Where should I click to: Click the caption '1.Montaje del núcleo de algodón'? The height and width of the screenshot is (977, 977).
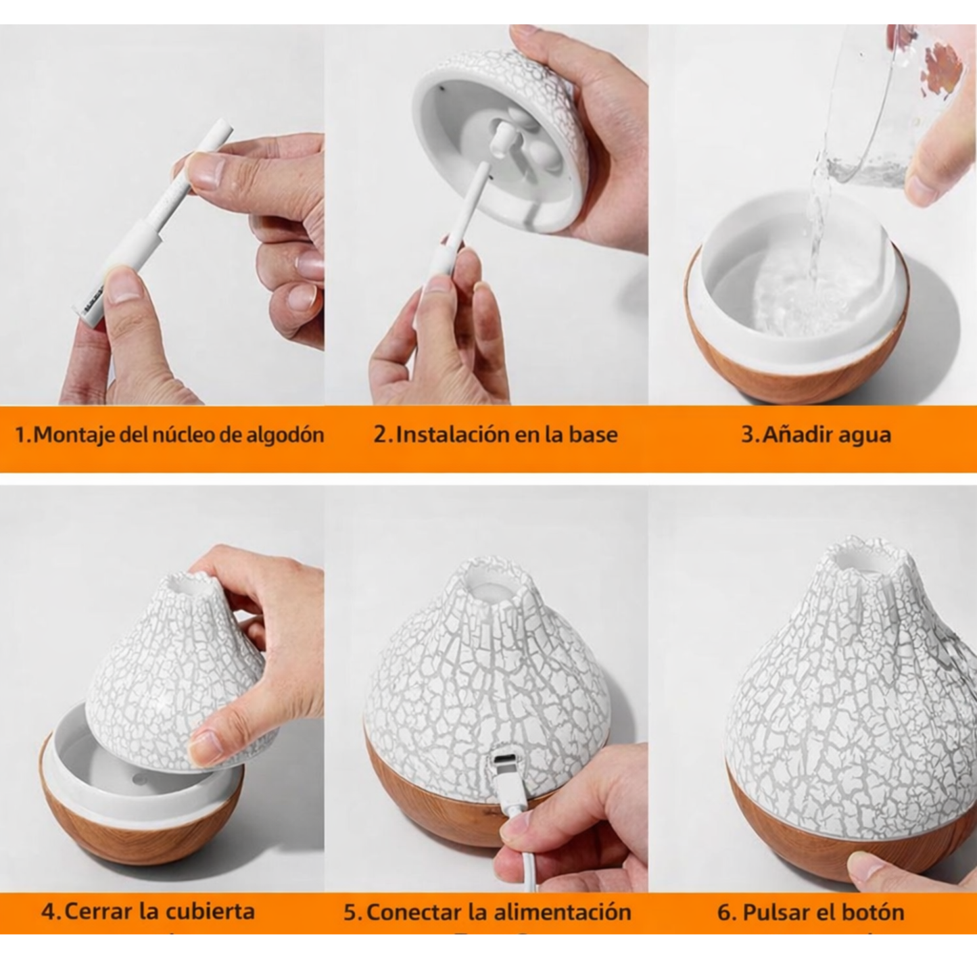(169, 434)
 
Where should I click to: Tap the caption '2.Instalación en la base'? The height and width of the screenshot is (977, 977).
(496, 434)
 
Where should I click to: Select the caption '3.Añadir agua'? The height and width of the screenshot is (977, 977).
(816, 434)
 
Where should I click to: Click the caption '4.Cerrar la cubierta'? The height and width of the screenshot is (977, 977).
(148, 911)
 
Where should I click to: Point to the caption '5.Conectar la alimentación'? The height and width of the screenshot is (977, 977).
(487, 911)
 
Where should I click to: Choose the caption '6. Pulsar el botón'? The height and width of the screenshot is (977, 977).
(811, 912)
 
